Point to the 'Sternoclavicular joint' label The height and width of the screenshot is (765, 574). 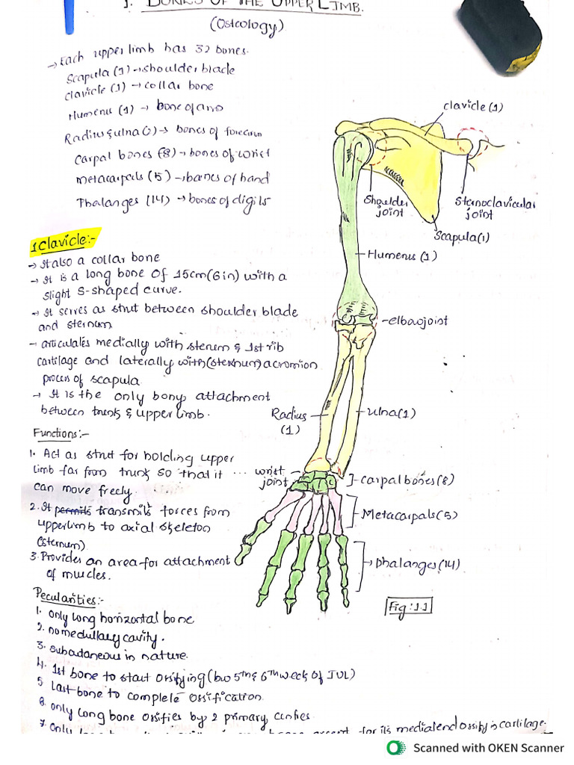495,208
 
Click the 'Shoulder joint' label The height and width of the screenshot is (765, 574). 386,207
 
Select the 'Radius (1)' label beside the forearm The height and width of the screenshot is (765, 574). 288,421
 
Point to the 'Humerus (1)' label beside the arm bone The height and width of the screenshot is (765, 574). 403,256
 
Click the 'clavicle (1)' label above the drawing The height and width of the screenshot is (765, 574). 472,107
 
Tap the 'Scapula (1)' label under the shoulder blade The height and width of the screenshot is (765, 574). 462,237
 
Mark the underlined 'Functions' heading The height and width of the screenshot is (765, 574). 61,433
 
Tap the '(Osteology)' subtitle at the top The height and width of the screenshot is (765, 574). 247,27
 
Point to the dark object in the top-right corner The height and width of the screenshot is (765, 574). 501,34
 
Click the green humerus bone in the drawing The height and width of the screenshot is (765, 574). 349,224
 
